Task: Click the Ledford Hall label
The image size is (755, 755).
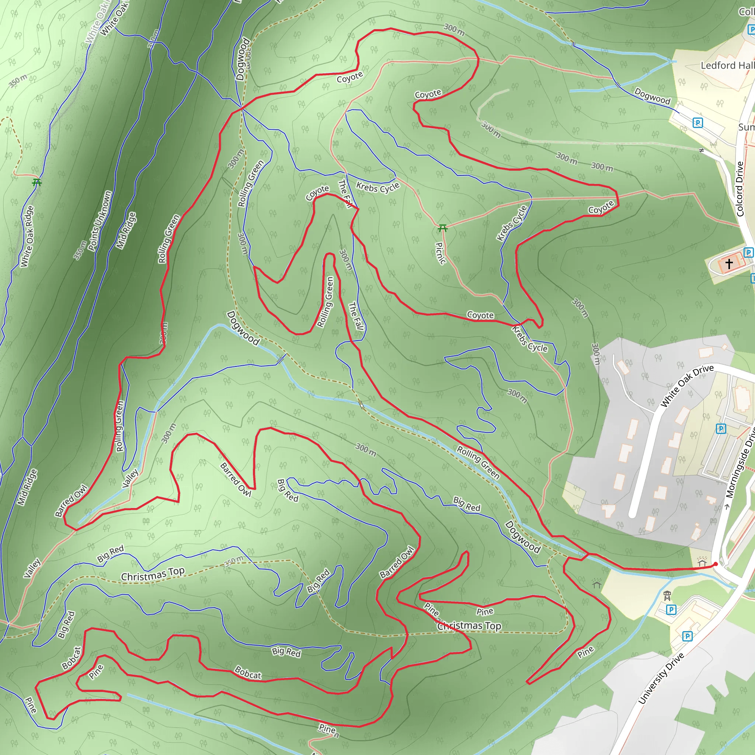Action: click(x=727, y=65)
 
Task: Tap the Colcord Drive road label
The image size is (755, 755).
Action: click(x=740, y=189)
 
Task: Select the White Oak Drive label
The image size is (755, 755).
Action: click(x=686, y=385)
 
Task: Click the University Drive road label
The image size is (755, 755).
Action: click(x=661, y=678)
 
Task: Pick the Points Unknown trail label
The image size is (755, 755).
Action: click(x=100, y=221)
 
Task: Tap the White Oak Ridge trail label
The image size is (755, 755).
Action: click(x=27, y=236)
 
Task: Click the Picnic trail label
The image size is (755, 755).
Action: click(x=441, y=253)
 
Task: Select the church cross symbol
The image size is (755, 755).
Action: click(x=729, y=264)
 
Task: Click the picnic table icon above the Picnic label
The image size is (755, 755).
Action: click(x=442, y=228)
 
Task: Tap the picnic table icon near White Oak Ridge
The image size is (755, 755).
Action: click(x=37, y=182)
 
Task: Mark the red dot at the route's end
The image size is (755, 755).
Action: click(x=716, y=564)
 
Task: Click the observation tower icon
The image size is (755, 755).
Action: click(x=667, y=596)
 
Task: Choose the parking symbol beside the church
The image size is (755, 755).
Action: click(x=748, y=253)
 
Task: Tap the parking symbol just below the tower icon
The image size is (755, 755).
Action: click(x=671, y=610)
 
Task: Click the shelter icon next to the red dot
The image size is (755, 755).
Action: click(x=702, y=563)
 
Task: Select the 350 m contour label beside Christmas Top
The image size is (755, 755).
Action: click(x=233, y=561)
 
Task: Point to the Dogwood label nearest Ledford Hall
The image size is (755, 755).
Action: click(x=652, y=96)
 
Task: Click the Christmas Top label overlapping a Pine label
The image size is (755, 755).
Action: click(x=469, y=626)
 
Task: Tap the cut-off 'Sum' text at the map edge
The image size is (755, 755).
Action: click(x=746, y=127)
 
